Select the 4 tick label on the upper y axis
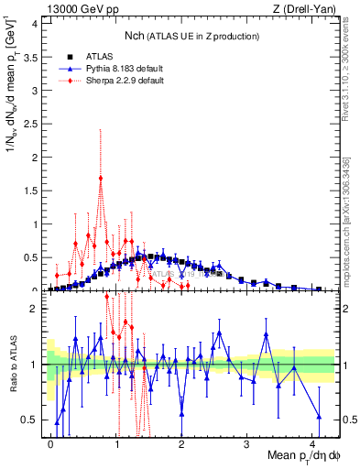coord(35,22)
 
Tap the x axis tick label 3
coord(246,442)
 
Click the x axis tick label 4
coord(311,442)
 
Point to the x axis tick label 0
coord(50,442)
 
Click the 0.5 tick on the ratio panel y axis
coord(32,420)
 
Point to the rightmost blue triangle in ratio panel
coord(319,416)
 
